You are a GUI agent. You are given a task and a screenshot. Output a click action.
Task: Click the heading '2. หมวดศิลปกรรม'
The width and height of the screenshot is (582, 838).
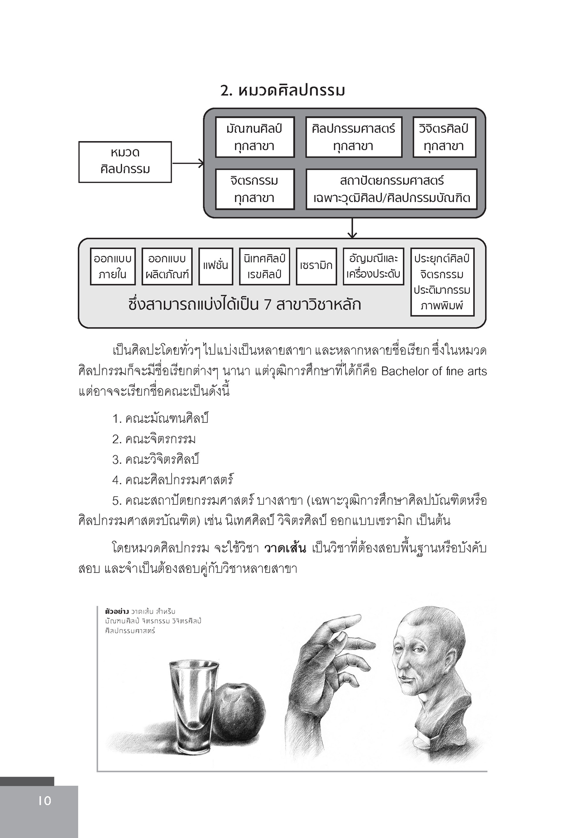[x=282, y=90]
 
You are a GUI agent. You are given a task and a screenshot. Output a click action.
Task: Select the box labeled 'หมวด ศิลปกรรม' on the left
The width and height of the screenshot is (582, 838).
[x=125, y=161]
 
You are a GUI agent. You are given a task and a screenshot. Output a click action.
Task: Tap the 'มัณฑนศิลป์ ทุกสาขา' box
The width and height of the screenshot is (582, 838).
[x=254, y=137]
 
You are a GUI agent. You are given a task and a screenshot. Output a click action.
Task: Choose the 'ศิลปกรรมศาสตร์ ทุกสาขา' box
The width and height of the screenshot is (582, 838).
[x=353, y=137]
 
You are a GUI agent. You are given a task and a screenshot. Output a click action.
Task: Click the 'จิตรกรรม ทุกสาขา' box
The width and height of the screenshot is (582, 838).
[x=254, y=189]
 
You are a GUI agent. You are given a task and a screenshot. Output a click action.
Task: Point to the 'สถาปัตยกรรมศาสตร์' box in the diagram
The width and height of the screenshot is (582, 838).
[x=391, y=189]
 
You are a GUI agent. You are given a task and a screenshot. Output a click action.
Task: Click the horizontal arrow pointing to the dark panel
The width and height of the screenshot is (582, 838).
[x=188, y=163]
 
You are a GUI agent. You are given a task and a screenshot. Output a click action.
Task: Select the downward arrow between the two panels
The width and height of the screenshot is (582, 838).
[x=352, y=228]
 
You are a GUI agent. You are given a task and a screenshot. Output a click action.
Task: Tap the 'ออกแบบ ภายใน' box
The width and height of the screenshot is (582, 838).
[x=113, y=266]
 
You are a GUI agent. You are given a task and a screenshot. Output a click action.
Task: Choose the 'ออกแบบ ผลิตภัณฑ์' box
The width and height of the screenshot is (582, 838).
[x=167, y=266]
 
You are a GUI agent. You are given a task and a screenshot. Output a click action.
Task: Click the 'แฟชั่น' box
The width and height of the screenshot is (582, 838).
[x=215, y=266]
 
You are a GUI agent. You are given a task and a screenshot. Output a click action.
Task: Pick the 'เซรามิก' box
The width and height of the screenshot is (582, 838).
[x=316, y=266]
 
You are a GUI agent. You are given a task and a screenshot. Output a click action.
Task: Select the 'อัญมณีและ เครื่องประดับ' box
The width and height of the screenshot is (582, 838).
[x=373, y=266]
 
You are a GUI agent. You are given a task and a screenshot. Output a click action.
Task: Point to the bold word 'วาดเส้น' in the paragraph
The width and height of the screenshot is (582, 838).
[x=285, y=548]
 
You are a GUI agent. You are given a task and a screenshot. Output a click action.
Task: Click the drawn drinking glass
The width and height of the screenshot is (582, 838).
[x=193, y=708]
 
